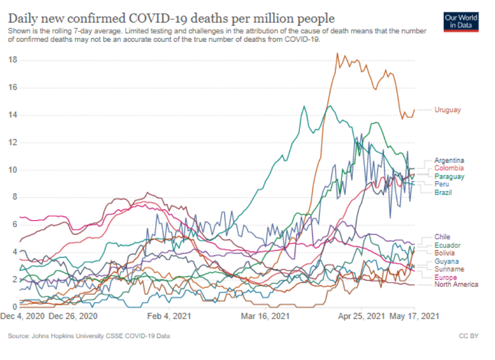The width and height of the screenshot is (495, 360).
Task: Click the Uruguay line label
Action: click(x=447, y=110)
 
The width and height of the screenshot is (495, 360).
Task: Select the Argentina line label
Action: click(x=449, y=160)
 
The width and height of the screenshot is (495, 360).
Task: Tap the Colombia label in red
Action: click(x=449, y=168)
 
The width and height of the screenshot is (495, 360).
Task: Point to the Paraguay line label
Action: click(x=449, y=176)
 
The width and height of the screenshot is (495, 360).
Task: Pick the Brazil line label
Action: click(x=443, y=192)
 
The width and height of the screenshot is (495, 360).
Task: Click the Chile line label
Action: click(x=442, y=237)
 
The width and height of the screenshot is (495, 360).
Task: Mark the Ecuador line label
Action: click(x=447, y=245)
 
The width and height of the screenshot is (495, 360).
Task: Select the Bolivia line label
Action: click(x=444, y=253)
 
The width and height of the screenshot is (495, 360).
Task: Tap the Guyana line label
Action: click(x=445, y=261)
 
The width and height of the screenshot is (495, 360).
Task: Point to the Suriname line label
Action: click(x=449, y=269)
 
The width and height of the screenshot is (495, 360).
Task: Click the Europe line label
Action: click(x=445, y=278)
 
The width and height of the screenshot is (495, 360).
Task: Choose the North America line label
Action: click(x=456, y=284)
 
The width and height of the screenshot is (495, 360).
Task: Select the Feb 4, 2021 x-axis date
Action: click(x=168, y=316)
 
